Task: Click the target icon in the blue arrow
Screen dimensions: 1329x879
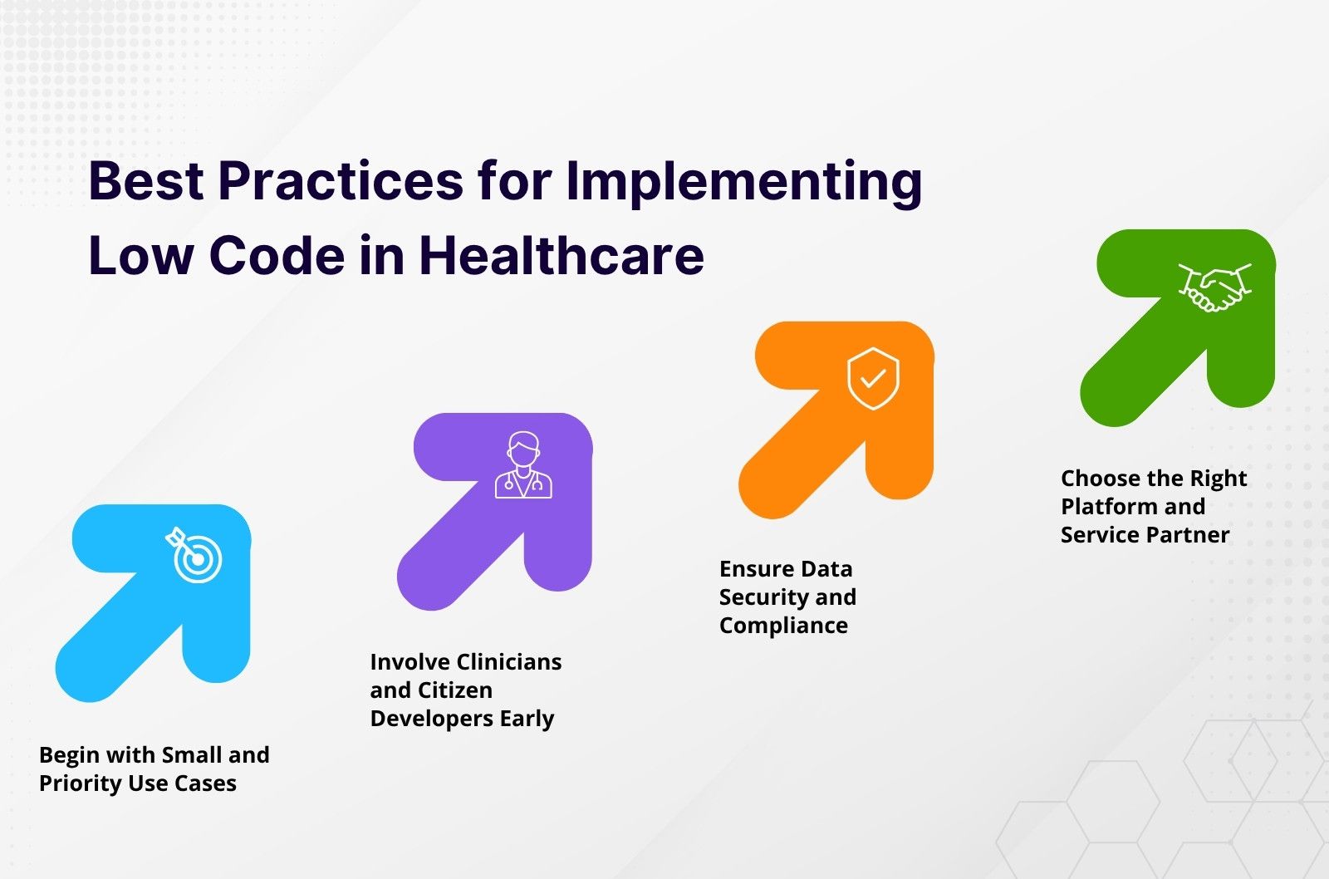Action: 194,555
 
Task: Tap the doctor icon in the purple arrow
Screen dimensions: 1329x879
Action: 523,464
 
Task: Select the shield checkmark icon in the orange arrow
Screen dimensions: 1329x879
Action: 873,379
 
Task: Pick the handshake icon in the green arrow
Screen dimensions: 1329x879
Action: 1214,287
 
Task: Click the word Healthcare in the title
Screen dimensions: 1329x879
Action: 562,256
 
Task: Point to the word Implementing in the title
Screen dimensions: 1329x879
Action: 744,182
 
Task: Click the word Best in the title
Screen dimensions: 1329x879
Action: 146,180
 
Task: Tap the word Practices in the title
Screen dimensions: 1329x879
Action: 341,180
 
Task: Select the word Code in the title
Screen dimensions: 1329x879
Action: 277,256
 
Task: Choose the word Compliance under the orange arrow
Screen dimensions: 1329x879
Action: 784,626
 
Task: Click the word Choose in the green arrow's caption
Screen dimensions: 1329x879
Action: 1097,479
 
